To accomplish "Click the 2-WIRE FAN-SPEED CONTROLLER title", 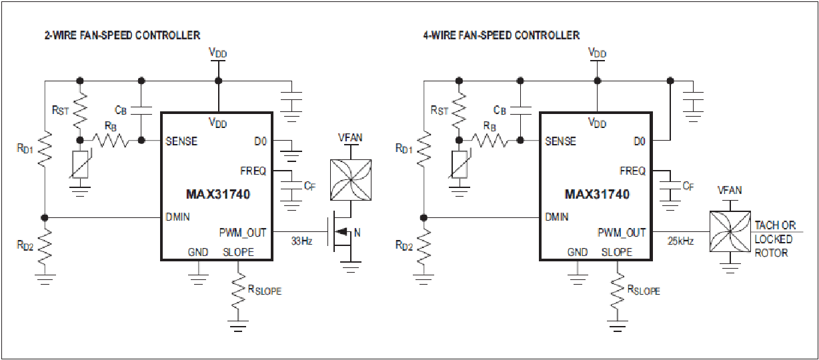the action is tap(122, 35).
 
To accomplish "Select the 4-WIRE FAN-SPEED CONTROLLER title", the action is tap(502, 35).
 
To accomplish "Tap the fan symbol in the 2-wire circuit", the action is tap(351, 180).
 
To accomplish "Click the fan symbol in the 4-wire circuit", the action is tap(730, 231).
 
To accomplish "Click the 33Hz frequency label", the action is tap(301, 241).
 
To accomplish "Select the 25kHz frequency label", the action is tap(680, 241).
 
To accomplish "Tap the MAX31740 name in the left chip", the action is tap(218, 194).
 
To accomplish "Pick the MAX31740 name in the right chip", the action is tap(597, 194).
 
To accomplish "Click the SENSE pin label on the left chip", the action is tap(181, 141).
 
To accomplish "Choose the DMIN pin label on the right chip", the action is tap(556, 217).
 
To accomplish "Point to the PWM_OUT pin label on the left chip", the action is tap(243, 233).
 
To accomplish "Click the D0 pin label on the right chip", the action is tap(639, 141).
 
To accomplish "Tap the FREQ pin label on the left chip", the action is tap(253, 171).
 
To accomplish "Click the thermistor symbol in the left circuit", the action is tap(81, 165).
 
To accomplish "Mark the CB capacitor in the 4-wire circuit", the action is tap(521, 111).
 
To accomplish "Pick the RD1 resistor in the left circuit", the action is tap(45, 150).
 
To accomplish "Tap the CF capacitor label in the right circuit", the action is tap(688, 187).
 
